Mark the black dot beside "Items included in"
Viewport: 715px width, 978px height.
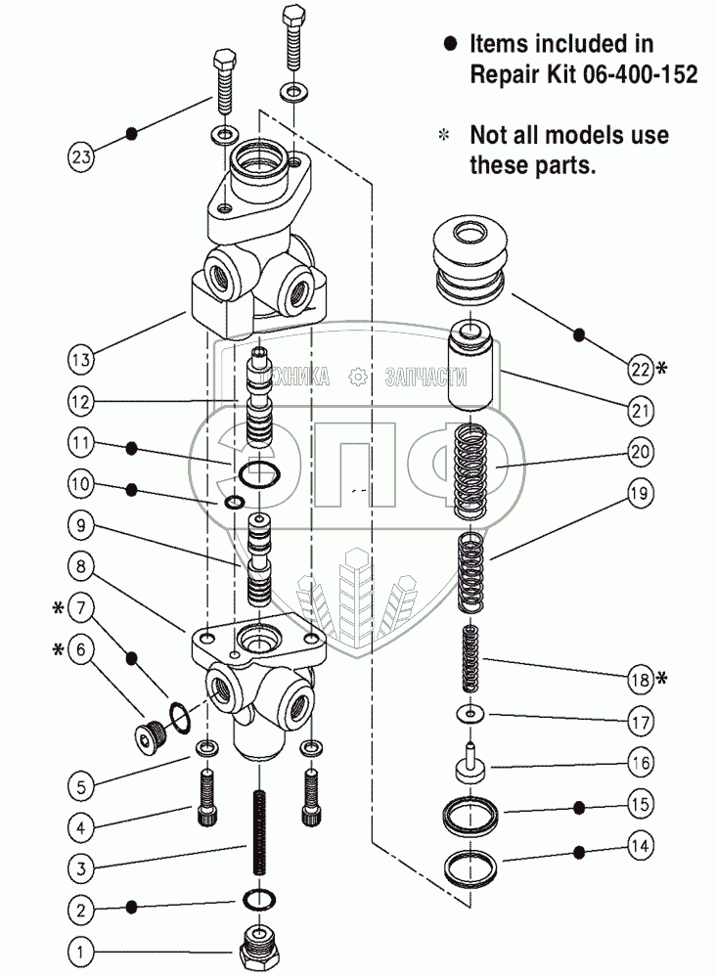(x=451, y=44)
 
